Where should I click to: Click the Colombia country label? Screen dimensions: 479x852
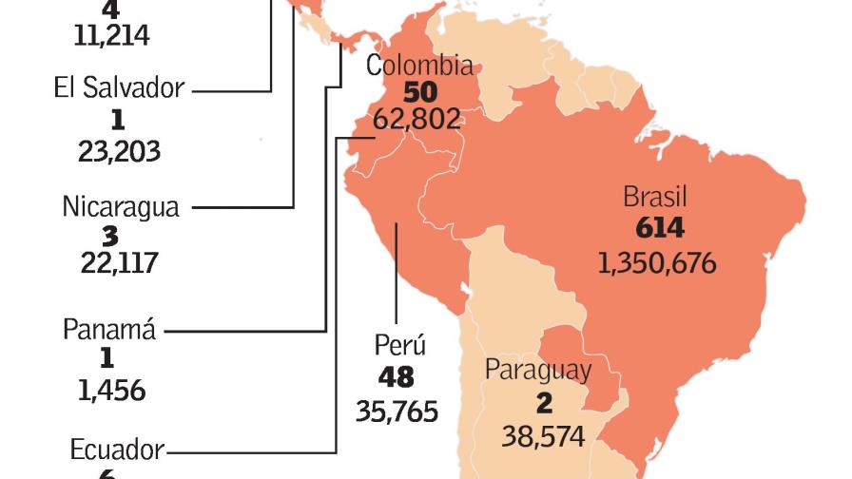419,66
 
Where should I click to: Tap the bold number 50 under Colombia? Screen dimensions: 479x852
419,92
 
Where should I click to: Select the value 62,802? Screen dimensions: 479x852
419,120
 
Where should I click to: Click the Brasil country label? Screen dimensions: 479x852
655,198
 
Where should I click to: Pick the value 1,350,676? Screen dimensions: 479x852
657,262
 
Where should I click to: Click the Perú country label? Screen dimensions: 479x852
399,345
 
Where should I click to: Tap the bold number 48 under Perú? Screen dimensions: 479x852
396,377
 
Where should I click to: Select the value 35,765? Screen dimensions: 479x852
397,411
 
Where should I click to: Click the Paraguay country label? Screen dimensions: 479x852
538,370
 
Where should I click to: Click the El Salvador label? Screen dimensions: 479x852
119,88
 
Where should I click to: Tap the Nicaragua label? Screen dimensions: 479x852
121,206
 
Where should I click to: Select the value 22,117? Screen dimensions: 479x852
119,263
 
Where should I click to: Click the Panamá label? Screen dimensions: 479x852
109,330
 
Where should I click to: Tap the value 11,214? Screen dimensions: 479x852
111,35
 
